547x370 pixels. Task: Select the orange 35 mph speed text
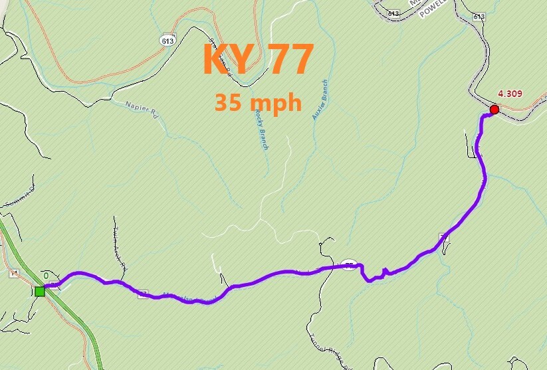(x=258, y=103)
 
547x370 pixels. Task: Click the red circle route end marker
(x=494, y=110)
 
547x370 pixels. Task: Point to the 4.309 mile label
(x=510, y=93)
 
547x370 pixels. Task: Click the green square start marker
(x=40, y=291)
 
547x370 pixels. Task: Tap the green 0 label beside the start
(x=46, y=275)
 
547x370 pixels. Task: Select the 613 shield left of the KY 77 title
(x=167, y=41)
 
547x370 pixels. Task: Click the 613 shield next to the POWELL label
(x=393, y=13)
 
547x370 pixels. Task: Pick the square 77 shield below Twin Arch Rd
(x=142, y=293)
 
